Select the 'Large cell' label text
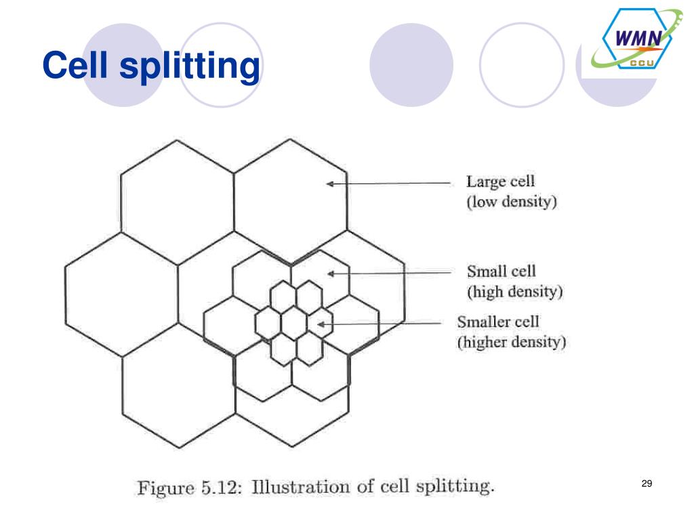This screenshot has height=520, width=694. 500,181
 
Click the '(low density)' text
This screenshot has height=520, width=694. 512,202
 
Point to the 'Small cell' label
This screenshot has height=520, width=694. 501,272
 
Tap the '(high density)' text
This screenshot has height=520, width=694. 515,292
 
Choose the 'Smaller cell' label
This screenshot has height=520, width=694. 498,321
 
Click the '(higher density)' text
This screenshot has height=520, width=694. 512,342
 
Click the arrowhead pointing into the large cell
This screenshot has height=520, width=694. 331,183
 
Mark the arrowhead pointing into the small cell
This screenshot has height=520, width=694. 331,274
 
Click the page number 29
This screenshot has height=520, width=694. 646,483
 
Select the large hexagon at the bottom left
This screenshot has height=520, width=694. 178,393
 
